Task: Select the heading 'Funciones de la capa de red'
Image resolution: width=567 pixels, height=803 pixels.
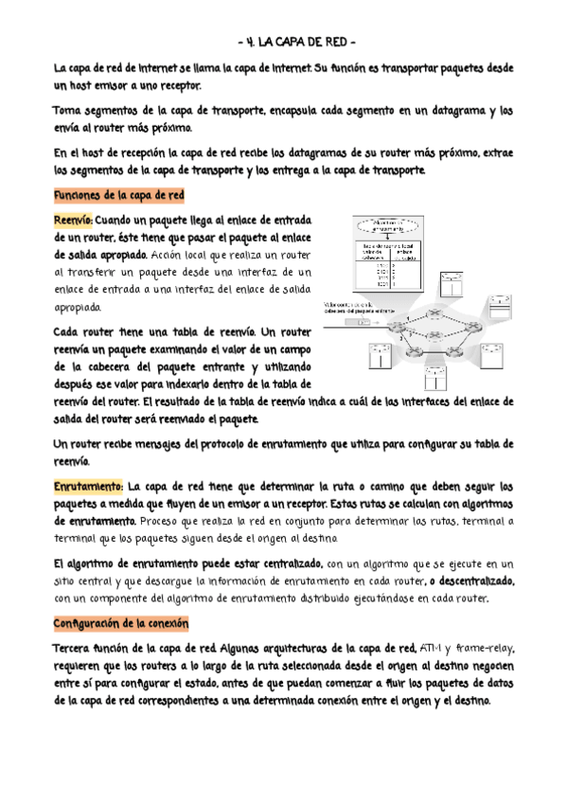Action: (119, 195)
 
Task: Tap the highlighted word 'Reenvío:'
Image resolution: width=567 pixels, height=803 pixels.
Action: (73, 220)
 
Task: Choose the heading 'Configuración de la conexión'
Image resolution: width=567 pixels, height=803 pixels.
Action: (122, 624)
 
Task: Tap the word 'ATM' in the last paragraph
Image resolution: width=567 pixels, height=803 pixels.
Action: (431, 649)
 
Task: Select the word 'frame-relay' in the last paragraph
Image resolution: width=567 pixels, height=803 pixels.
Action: (485, 649)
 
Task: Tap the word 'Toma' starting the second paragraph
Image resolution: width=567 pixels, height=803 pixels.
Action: (68, 111)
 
